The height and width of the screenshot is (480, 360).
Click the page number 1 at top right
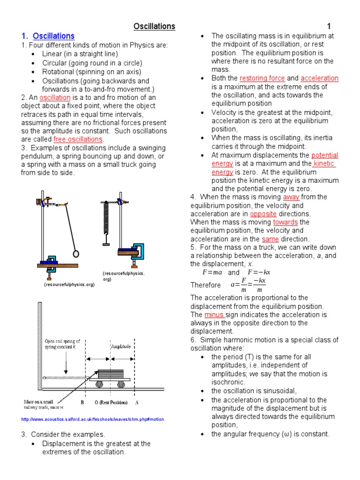click(329, 27)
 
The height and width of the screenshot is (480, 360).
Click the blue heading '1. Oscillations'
click(48, 36)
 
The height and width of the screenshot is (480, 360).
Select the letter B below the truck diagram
click(82, 402)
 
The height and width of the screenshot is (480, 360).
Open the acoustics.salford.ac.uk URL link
click(92, 419)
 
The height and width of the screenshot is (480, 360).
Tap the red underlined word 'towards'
click(285, 222)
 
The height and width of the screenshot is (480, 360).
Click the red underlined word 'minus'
click(214, 315)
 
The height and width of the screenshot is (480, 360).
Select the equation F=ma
click(211, 272)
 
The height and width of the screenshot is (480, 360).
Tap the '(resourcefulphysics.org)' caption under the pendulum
click(69, 284)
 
